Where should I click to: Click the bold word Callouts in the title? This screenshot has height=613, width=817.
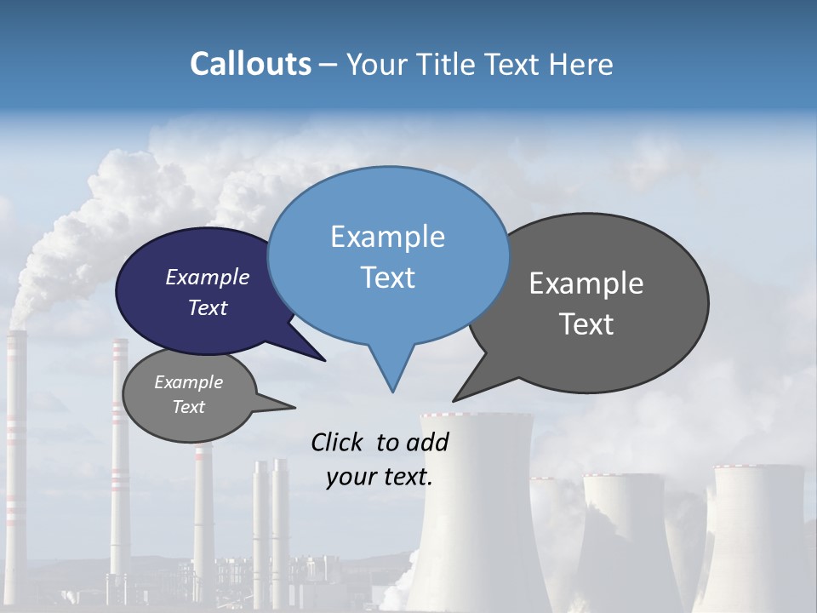pyautogui.click(x=251, y=65)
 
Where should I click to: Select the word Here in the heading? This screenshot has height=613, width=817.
pyautogui.click(x=582, y=65)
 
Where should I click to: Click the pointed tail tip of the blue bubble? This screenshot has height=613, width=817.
pyautogui.click(x=392, y=392)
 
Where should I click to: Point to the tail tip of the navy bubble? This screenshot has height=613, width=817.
pyautogui.click(x=325, y=360)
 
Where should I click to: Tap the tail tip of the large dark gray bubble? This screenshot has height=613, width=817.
pyautogui.click(x=454, y=400)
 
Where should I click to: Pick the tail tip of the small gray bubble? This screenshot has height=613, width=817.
pyautogui.click(x=294, y=408)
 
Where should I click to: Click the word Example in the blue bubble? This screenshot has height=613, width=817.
pyautogui.click(x=387, y=237)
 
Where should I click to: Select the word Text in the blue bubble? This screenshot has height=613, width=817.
pyautogui.click(x=388, y=278)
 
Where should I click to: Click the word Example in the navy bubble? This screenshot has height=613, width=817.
pyautogui.click(x=208, y=278)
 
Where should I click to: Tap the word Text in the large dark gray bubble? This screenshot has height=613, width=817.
pyautogui.click(x=586, y=324)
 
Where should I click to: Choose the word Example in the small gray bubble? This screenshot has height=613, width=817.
pyautogui.click(x=188, y=382)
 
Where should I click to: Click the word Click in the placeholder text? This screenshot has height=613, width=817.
pyautogui.click(x=338, y=442)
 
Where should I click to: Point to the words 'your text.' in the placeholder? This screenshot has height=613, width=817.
pyautogui.click(x=380, y=478)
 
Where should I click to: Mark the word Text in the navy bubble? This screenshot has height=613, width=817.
pyautogui.click(x=208, y=308)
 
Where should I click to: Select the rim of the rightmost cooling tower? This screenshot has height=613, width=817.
pyautogui.click(x=758, y=467)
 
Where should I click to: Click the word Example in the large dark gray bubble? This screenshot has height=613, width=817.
pyautogui.click(x=586, y=284)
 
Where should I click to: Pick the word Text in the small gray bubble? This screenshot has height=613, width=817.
pyautogui.click(x=188, y=407)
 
